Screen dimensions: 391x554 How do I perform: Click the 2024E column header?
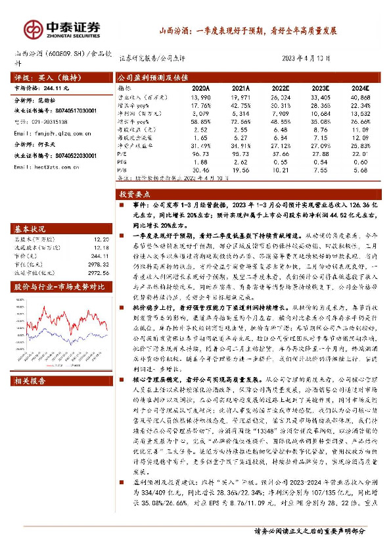pos(359,87)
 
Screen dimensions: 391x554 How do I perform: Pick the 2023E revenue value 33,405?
pos(319,96)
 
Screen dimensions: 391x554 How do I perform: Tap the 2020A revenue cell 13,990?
pos(200,96)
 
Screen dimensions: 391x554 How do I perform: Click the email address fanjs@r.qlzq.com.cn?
pos(50,133)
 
